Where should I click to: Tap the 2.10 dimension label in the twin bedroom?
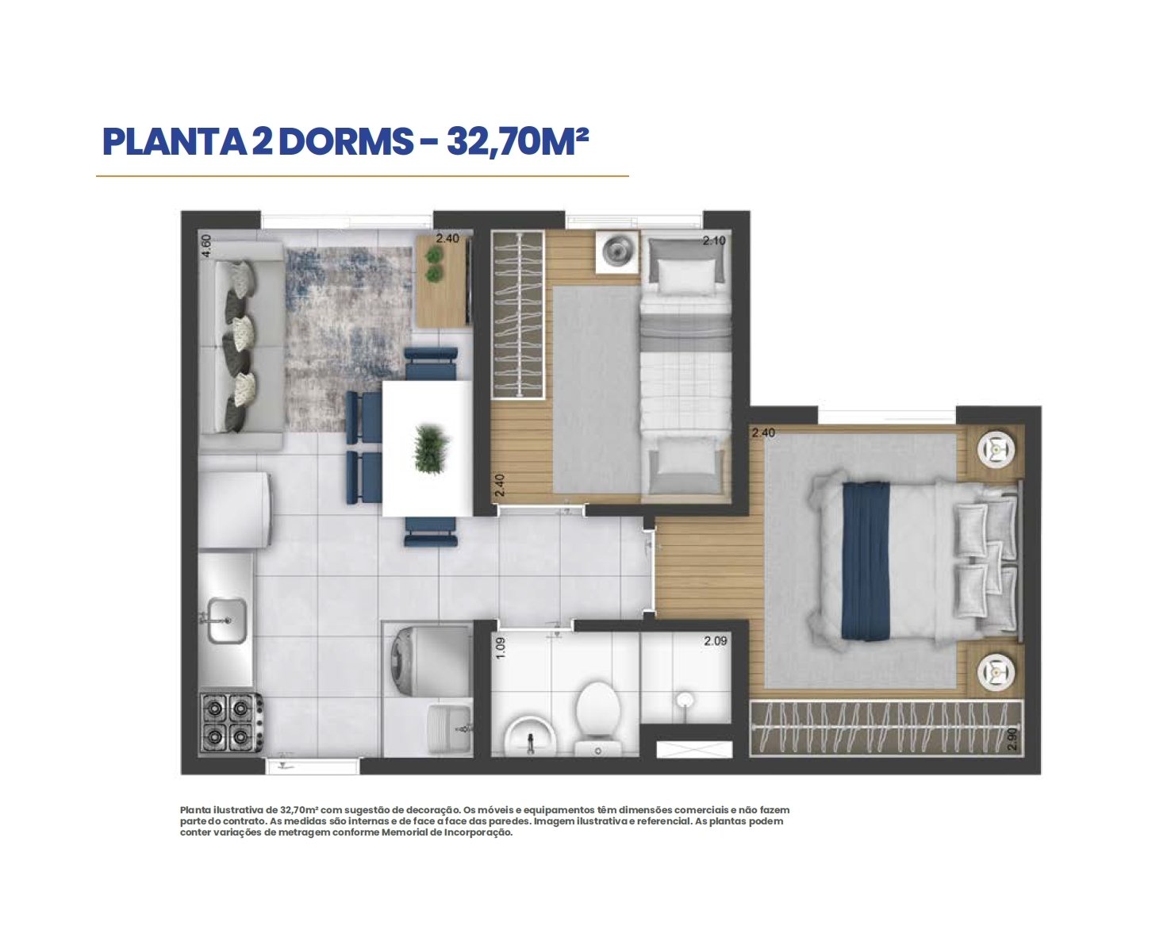click(x=713, y=240)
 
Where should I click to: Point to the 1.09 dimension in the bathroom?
click(x=501, y=648)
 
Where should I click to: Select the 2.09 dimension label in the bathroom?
click(x=716, y=641)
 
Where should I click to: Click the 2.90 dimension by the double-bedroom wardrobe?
click(x=1013, y=740)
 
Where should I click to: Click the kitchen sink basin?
click(x=227, y=621)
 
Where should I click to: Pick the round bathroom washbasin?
click(x=530, y=734)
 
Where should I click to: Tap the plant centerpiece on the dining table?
click(x=432, y=450)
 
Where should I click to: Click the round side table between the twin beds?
click(x=617, y=252)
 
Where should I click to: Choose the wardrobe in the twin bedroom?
click(x=518, y=314)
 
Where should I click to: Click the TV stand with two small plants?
click(x=444, y=281)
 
